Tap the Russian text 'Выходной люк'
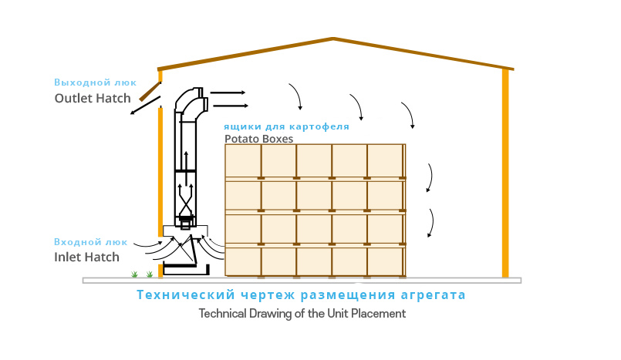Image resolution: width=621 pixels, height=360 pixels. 95,82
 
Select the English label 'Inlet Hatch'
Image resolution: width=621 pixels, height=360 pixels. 86,257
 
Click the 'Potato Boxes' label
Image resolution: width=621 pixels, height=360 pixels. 259,140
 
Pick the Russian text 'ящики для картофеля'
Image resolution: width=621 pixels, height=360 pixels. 286,126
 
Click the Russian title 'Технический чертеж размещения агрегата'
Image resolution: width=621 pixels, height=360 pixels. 301,294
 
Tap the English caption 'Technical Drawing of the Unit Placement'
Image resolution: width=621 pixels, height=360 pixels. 302,314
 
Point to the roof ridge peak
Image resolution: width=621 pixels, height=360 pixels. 332,39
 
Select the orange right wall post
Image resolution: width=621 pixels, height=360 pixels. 505,173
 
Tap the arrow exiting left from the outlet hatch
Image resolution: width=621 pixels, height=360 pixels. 140,108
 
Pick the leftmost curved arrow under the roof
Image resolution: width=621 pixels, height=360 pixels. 295,95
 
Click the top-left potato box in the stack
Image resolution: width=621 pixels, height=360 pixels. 243,161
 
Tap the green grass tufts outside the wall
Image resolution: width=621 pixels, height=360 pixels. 141,274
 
